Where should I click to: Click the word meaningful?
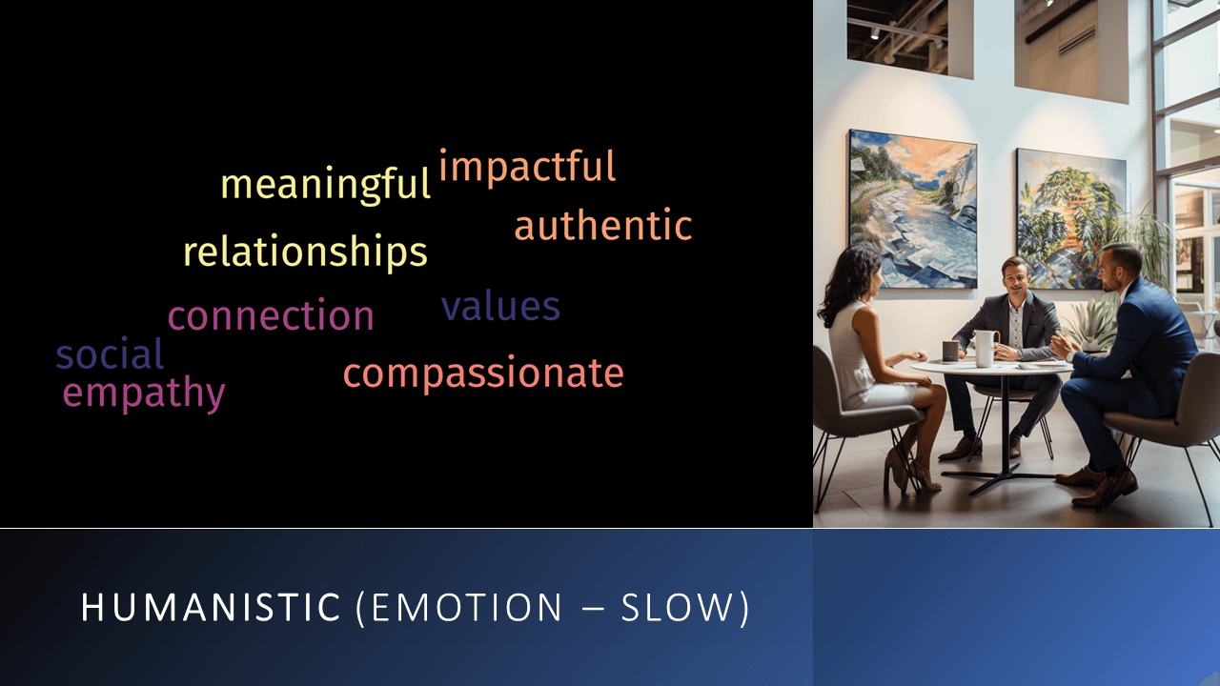point(325,184)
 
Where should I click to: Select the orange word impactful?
point(527,167)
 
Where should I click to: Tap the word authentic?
point(602,226)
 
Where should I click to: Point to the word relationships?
point(305,252)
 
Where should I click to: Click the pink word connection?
point(271,316)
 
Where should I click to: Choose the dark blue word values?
point(500,307)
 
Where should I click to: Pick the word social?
point(110,355)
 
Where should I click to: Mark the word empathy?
point(144,393)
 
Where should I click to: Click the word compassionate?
point(483,373)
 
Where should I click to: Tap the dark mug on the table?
point(950,351)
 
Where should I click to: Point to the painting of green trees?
point(1069,217)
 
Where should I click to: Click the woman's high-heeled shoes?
point(909,471)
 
